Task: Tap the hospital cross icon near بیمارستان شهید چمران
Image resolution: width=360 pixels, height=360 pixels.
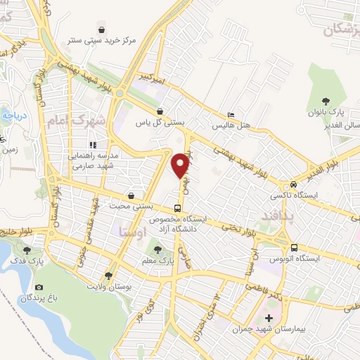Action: pos(269,319)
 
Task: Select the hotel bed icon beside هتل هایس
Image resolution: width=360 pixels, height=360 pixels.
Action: pos(231,115)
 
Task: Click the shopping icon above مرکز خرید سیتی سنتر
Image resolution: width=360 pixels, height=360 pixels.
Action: pos(103,30)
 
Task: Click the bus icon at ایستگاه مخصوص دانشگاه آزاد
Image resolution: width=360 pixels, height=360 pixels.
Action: pos(177,208)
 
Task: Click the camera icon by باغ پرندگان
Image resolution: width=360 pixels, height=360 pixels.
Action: pos(38,288)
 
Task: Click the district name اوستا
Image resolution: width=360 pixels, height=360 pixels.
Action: pos(133,230)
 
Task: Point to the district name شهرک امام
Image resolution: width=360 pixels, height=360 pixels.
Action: pos(75,121)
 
